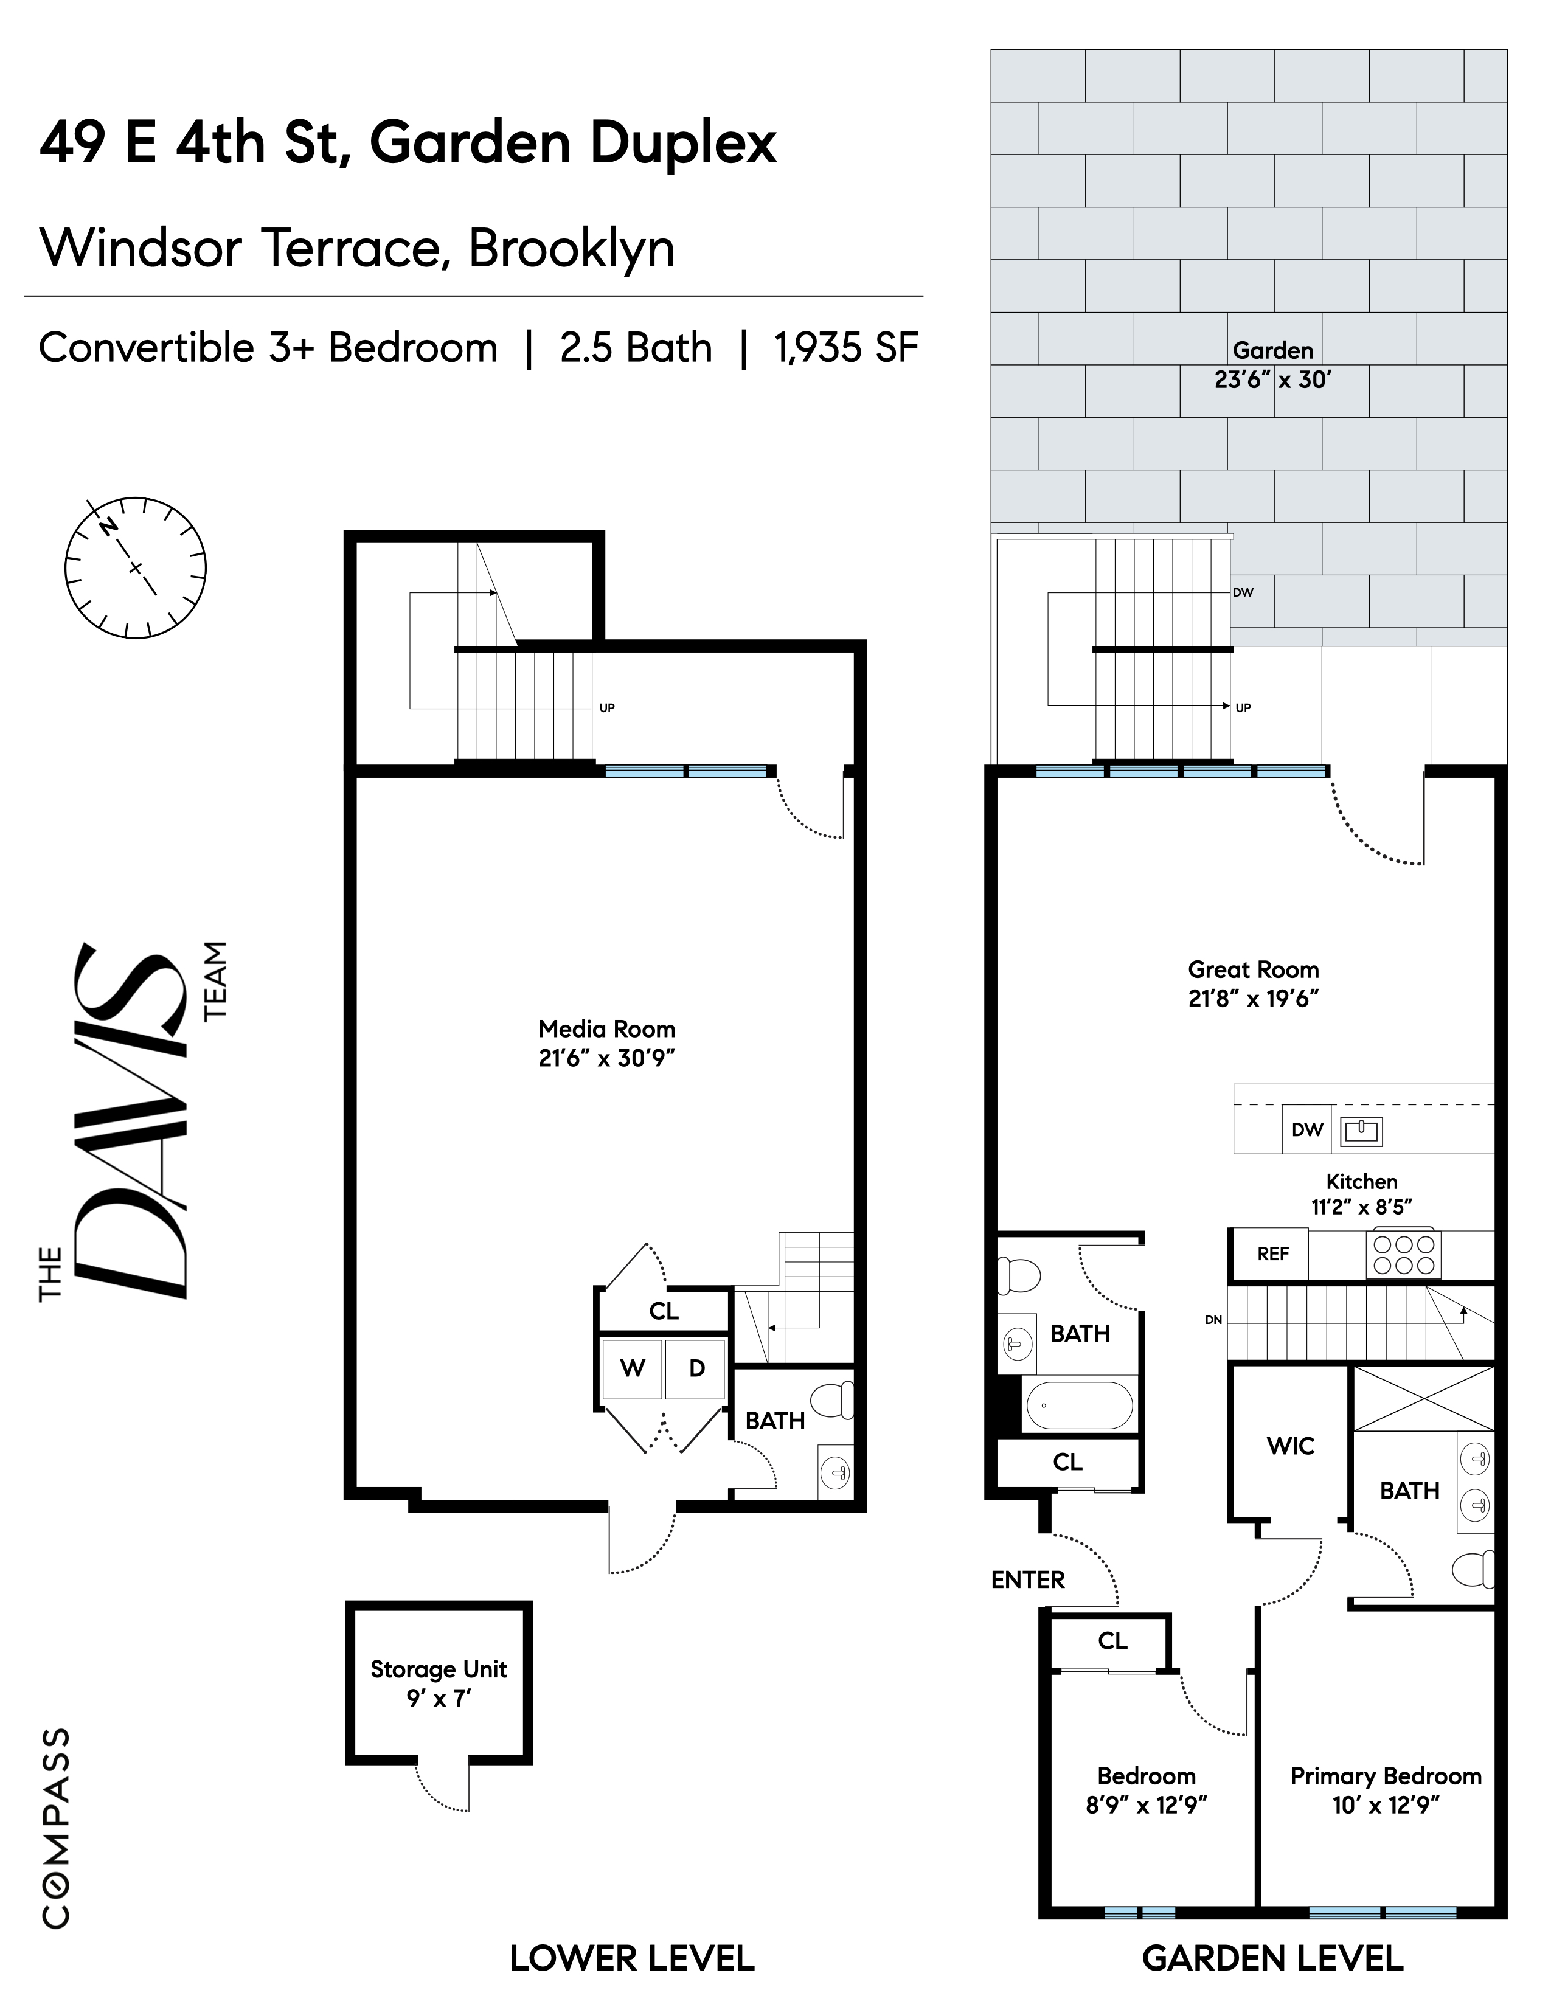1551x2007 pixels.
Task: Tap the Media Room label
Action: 606,1029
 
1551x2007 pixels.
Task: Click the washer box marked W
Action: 632,1369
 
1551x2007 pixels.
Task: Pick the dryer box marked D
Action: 696,1369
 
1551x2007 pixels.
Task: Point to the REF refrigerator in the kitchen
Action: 1272,1253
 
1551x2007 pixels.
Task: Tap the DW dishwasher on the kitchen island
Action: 1306,1129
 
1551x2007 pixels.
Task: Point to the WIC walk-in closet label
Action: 1290,1446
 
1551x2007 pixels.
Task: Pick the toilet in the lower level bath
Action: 835,1401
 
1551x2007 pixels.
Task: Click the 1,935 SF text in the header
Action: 845,348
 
